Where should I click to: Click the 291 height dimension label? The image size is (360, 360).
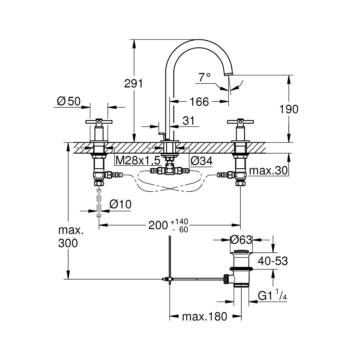(133, 83)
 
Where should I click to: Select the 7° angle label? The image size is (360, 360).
(204, 77)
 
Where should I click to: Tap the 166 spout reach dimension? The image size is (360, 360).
(199, 102)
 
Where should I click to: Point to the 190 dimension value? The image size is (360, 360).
(289, 109)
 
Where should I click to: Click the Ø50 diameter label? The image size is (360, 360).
(69, 101)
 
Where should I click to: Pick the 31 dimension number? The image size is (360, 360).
(188, 121)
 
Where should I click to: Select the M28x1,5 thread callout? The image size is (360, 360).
(138, 161)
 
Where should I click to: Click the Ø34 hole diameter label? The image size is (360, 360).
(201, 161)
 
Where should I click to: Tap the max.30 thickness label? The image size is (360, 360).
(268, 171)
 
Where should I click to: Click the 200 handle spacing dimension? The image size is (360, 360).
(158, 225)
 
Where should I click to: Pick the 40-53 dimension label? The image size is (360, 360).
(272, 261)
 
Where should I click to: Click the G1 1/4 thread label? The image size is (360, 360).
(272, 295)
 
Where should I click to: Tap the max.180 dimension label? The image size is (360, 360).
(204, 316)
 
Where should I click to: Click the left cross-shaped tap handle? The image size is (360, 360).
(99, 122)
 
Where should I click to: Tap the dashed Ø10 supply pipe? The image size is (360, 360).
(99, 203)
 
